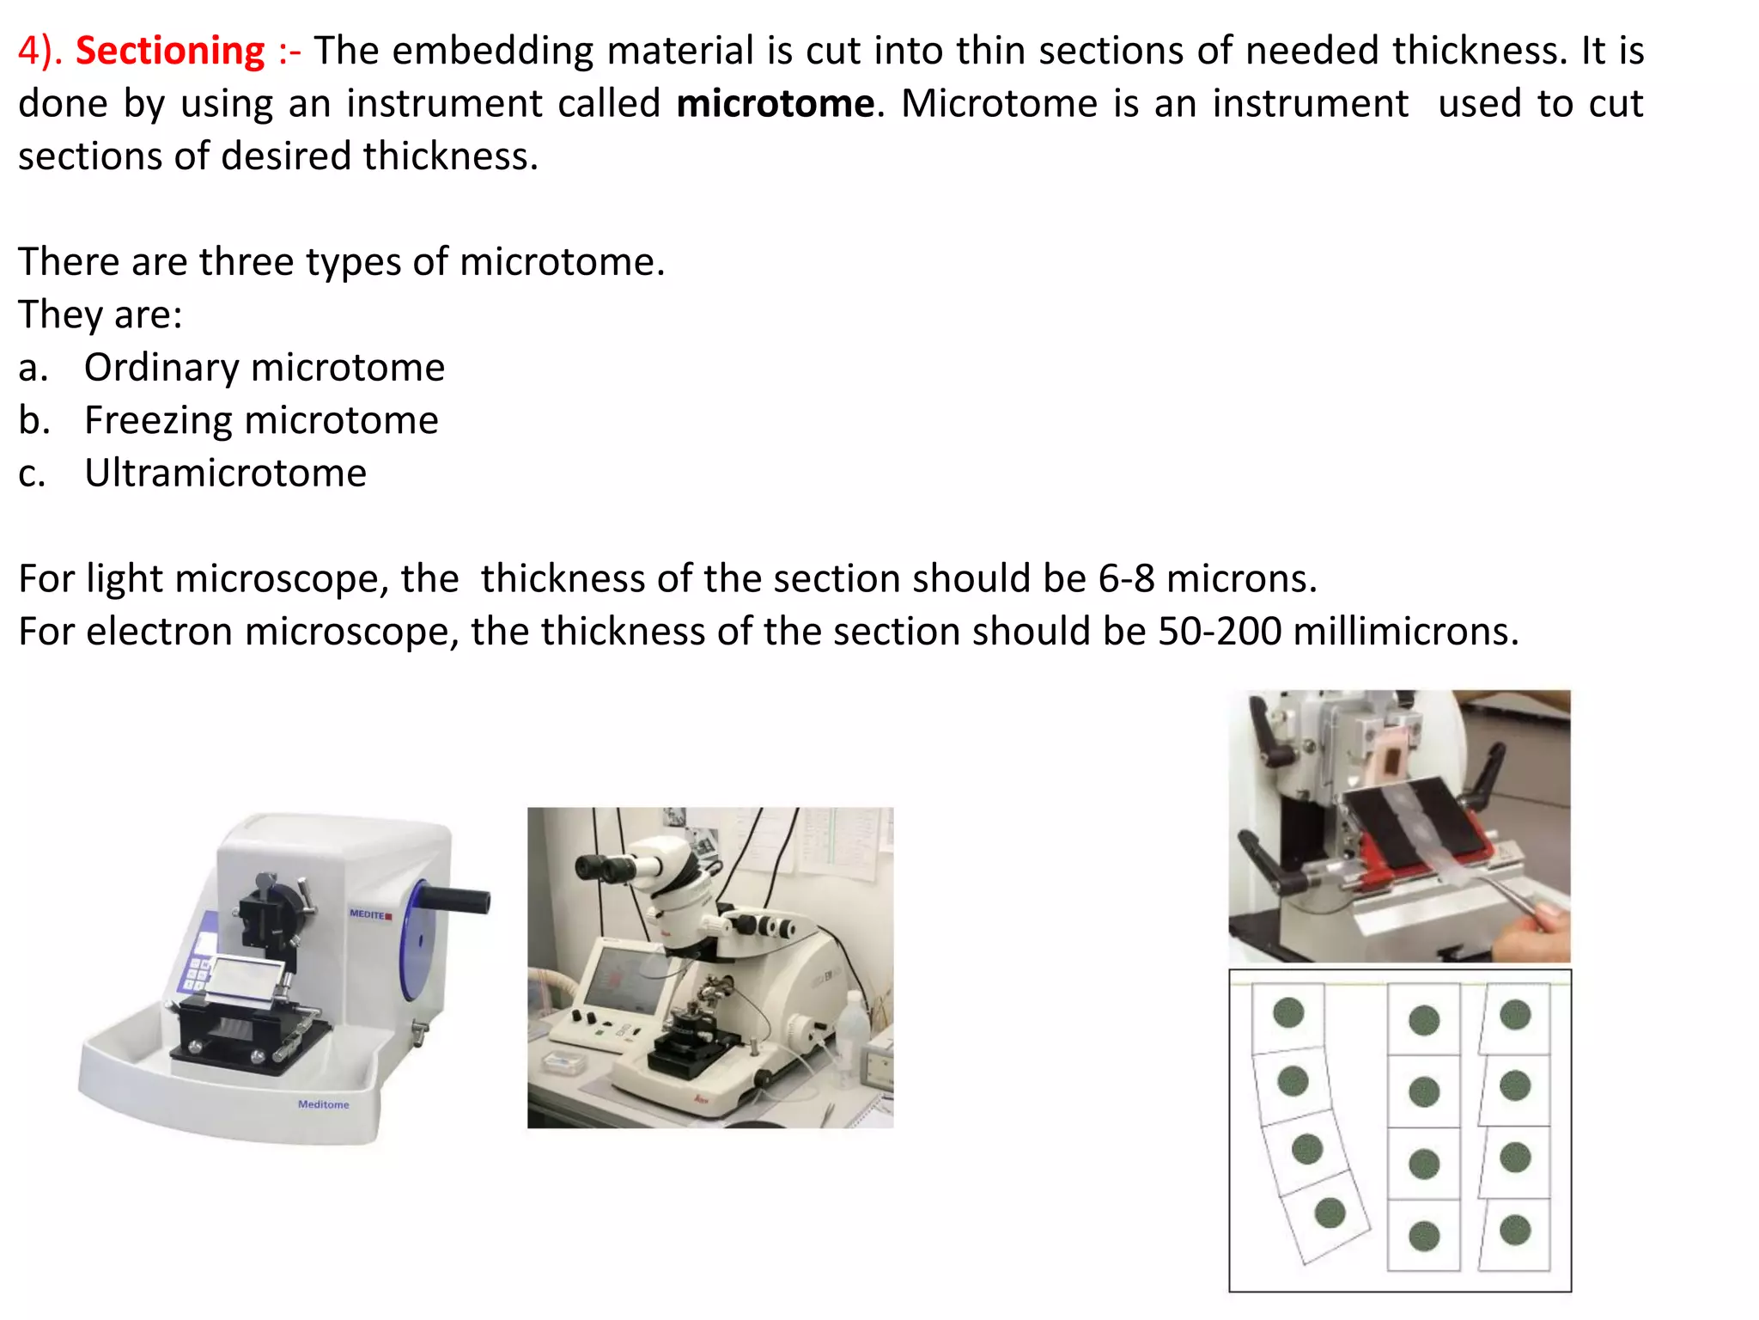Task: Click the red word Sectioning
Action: [x=170, y=51]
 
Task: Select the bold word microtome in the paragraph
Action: [x=775, y=104]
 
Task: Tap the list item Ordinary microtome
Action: [x=264, y=368]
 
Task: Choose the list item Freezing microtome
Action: [x=261, y=420]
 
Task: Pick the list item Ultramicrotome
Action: [x=225, y=474]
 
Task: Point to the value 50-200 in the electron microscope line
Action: [x=1220, y=632]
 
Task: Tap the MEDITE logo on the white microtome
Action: [x=370, y=914]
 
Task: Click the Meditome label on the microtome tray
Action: [x=324, y=1104]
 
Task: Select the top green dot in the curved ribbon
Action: [x=1288, y=1012]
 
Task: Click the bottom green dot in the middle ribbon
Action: [x=1424, y=1236]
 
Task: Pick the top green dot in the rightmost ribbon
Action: [x=1515, y=1014]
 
